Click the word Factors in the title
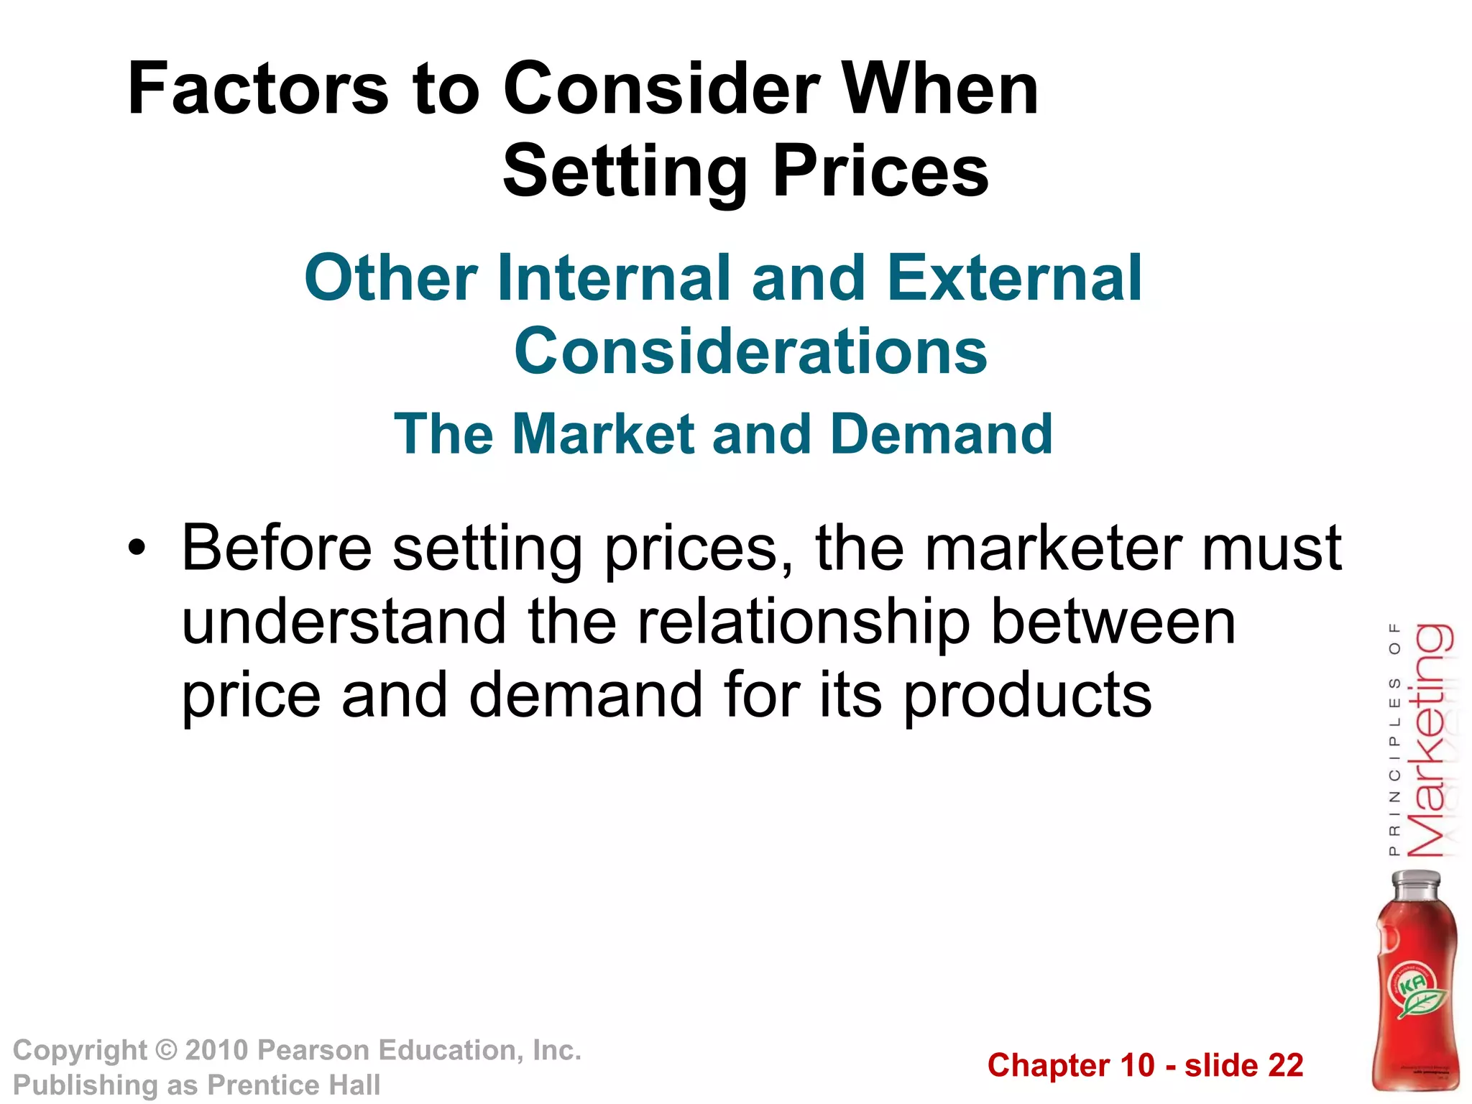(258, 89)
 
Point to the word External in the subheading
(1014, 279)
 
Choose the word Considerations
(750, 351)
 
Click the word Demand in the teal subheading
(942, 434)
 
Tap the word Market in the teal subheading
(604, 434)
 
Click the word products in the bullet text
(1027, 696)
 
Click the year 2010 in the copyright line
(216, 1050)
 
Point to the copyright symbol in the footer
(166, 1050)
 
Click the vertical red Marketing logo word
(1430, 740)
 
